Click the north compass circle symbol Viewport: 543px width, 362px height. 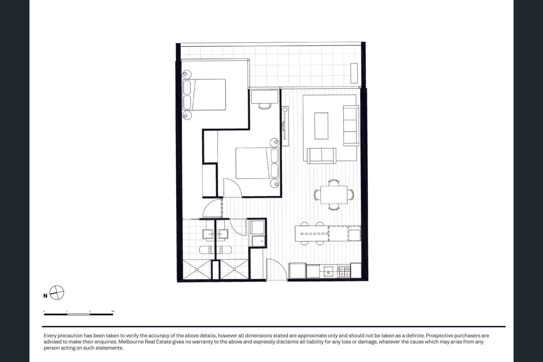57,293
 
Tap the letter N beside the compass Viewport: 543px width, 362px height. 45,296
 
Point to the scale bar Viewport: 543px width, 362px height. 78,314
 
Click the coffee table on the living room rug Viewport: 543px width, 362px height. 321,126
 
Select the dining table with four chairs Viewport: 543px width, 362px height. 334,195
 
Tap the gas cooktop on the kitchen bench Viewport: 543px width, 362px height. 344,271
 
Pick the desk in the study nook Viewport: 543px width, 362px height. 264,97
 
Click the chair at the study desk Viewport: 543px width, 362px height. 265,106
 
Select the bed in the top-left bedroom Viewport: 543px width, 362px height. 204,95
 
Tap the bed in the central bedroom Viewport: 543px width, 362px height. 257,163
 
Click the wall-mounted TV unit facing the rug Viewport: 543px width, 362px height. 285,126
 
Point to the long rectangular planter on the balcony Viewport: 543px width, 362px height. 354,73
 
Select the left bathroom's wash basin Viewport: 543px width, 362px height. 208,234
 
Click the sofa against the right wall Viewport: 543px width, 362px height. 351,125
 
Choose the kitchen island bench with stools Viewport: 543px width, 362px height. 328,233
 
